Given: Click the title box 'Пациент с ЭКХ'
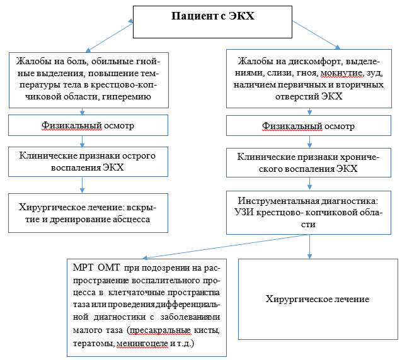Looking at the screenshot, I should (x=213, y=23).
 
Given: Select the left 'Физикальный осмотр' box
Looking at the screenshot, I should (x=88, y=125).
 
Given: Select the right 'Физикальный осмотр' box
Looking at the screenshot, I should (x=308, y=125).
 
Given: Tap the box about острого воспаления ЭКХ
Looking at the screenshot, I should (x=88, y=162).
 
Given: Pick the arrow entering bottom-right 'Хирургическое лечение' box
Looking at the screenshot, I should (x=309, y=245).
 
